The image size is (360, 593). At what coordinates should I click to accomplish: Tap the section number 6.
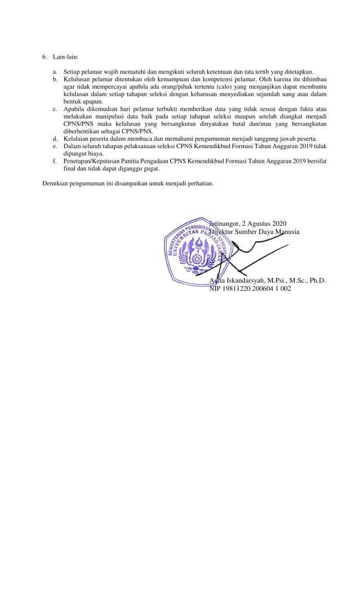(44, 57)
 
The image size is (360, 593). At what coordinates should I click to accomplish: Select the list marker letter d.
(54, 138)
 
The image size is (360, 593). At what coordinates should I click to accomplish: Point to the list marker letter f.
(54, 162)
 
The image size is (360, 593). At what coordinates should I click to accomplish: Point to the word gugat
(149, 170)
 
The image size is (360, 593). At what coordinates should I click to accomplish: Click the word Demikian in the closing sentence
(56, 184)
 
